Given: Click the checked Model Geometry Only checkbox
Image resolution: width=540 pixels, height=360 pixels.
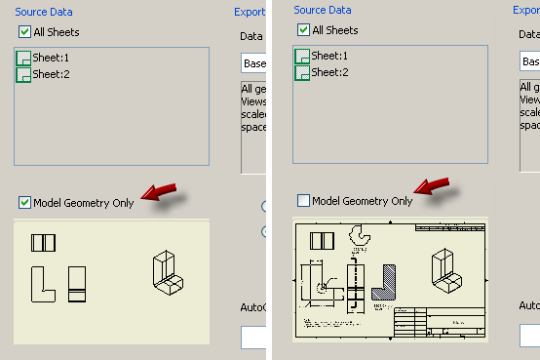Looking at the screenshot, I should point(24,203).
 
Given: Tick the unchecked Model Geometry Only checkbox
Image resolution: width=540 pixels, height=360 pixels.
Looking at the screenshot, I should point(303,201).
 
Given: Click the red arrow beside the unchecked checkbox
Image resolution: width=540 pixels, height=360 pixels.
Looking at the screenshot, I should point(433,185).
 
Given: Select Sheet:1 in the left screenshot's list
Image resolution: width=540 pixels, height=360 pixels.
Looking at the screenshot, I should point(50,58).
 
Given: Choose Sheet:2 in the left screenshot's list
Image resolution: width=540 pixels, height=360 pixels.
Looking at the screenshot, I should point(50,73).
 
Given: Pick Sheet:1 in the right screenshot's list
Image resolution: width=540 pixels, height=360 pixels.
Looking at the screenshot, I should point(328,56).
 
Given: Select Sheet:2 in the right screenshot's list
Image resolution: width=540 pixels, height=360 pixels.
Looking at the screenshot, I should point(328,71).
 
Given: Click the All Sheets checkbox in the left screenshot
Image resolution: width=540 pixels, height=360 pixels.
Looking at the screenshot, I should point(24,32).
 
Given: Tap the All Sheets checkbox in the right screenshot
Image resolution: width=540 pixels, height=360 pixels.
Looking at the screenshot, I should point(303,30).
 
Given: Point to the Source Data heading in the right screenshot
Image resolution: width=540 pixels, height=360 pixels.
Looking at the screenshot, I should point(324,11).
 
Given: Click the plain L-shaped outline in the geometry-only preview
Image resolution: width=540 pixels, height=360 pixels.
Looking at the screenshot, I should point(43,283).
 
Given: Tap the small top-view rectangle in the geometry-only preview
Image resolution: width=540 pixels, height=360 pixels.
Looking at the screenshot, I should point(44,243).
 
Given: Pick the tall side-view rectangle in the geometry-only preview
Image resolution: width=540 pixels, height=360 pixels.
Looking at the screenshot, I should point(77,283).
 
